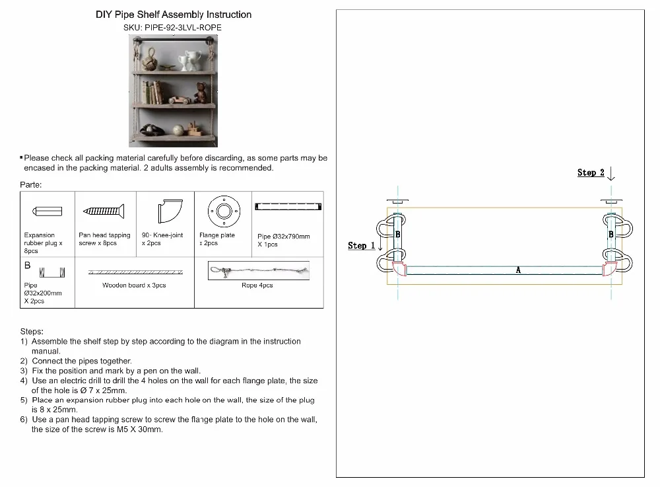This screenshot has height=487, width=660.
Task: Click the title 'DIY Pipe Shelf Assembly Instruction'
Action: point(174,15)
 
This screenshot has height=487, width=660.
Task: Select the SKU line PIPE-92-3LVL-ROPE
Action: point(173,28)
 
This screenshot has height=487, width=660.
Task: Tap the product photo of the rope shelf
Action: point(174,91)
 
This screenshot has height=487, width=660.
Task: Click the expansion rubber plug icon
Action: point(47,211)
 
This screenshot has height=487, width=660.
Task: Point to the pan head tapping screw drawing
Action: point(104,211)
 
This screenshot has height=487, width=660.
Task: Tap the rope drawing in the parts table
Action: point(258,271)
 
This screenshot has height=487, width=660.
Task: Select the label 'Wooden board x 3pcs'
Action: point(134,285)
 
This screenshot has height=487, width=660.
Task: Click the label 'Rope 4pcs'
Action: point(257,285)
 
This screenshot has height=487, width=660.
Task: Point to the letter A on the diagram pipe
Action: point(518,270)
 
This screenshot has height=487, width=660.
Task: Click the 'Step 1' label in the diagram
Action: point(361,246)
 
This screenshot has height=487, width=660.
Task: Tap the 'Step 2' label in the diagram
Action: point(591,173)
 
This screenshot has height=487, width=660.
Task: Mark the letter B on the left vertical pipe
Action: point(397,235)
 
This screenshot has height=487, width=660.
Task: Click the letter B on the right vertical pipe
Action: point(611,235)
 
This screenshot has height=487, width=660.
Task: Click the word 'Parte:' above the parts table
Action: point(31,185)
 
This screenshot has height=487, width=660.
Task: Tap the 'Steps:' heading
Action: point(32,332)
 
